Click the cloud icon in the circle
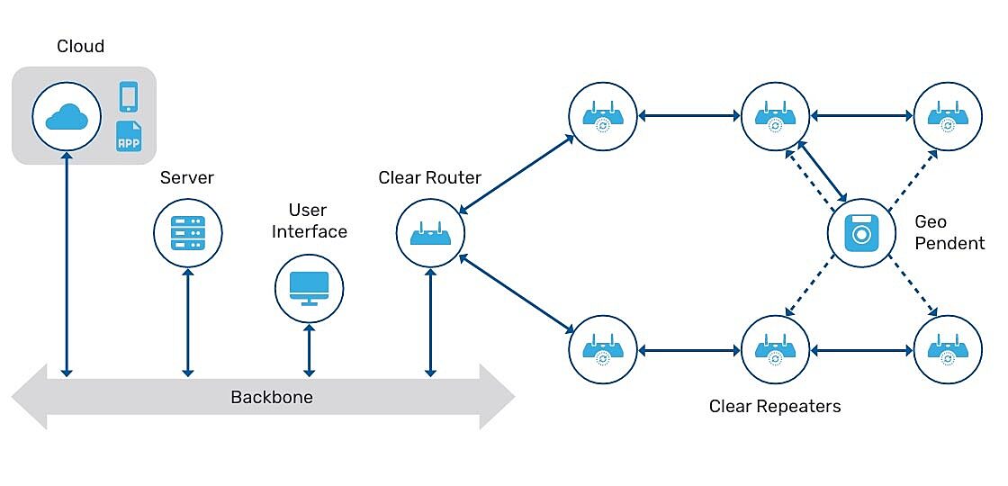67,117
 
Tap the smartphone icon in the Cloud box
129,97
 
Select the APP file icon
129,137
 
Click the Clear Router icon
430,233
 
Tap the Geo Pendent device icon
861,233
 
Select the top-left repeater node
603,116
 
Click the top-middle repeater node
775,116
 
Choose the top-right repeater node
947,116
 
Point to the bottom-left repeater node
603,350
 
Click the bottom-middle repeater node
775,350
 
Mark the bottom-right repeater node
947,350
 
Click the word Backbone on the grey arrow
272,397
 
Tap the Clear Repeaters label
775,407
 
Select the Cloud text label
80,47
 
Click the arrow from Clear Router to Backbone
430,321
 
